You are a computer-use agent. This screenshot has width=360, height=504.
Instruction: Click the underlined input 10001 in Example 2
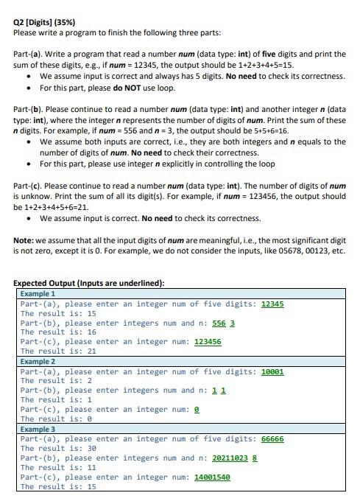point(272,371)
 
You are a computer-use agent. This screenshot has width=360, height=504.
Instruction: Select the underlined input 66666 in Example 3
point(272,438)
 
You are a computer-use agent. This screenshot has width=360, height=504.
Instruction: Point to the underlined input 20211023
point(230,458)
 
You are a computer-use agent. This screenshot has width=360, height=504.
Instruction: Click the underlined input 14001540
point(212,477)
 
